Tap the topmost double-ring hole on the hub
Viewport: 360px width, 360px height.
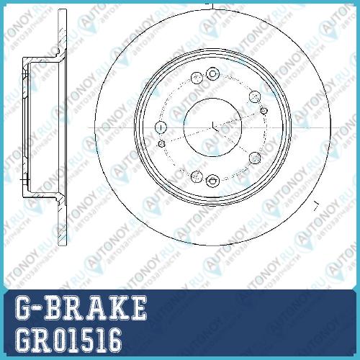[212, 73]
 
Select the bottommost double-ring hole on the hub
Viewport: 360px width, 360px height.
[212, 181]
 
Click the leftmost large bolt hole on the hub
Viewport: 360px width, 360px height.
[161, 127]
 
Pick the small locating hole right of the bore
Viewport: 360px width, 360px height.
[264, 111]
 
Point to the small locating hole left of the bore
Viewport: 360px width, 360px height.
[162, 144]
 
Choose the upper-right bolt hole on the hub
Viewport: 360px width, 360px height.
[255, 96]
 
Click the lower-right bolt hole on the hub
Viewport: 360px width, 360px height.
[255, 158]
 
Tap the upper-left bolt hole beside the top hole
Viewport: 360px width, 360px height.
[197, 78]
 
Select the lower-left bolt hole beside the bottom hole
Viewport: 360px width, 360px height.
[197, 177]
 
